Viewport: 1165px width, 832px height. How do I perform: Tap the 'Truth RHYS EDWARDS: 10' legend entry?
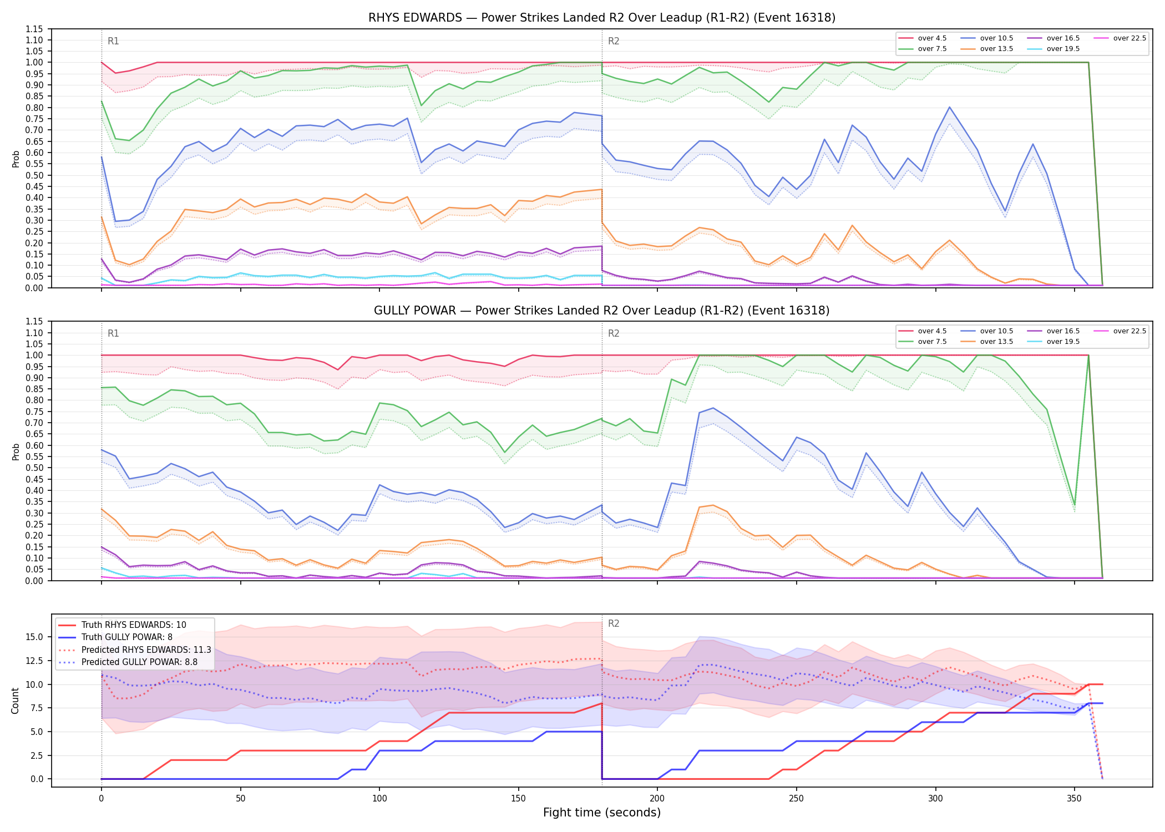[x=122, y=625]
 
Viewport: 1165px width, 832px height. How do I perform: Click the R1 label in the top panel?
[x=113, y=41]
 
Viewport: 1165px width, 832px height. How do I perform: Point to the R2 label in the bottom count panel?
[x=614, y=623]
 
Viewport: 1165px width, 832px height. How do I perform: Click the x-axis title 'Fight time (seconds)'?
[x=602, y=813]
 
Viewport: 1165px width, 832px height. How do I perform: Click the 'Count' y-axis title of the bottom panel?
[x=16, y=701]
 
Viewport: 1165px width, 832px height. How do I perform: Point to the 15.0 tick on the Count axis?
[x=36, y=637]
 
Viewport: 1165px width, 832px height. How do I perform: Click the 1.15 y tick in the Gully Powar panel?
[x=34, y=322]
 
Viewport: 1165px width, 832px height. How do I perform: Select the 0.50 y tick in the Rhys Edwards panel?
[x=34, y=175]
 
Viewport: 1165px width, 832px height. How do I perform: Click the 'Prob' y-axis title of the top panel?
[x=16, y=159]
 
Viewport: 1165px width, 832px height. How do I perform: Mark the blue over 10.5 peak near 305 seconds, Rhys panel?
[x=950, y=107]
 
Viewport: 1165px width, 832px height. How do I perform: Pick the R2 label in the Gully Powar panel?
[x=614, y=333]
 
